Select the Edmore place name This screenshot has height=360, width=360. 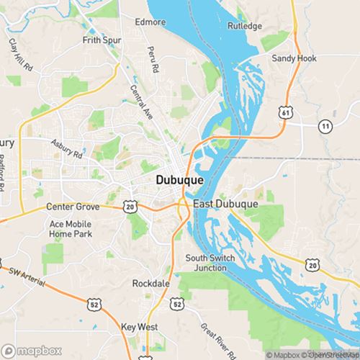pos(150,22)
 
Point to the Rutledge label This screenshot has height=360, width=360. pos(246,26)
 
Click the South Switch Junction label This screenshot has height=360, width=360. pos(211,263)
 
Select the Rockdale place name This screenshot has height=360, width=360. pos(150,284)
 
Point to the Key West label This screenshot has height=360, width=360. pos(139,326)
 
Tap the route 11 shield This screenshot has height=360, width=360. pos(326,126)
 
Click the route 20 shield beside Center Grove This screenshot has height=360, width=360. pos(130,206)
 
